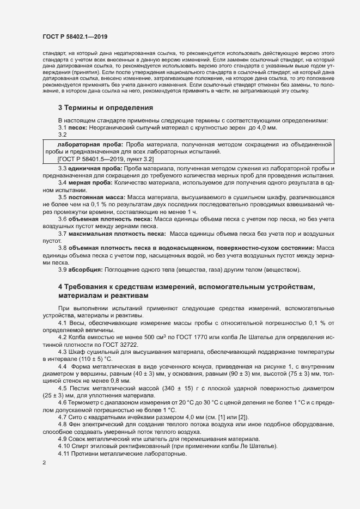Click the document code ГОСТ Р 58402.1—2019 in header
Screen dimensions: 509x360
tap(75, 37)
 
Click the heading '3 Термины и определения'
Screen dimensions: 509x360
tap(105, 108)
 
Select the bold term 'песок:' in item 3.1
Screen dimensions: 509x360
tap(80, 127)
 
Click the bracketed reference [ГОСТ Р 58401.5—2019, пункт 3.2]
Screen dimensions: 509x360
tap(105, 159)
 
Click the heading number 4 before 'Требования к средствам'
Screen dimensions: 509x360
tap(60, 286)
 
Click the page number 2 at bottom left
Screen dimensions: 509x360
tap(44, 463)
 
